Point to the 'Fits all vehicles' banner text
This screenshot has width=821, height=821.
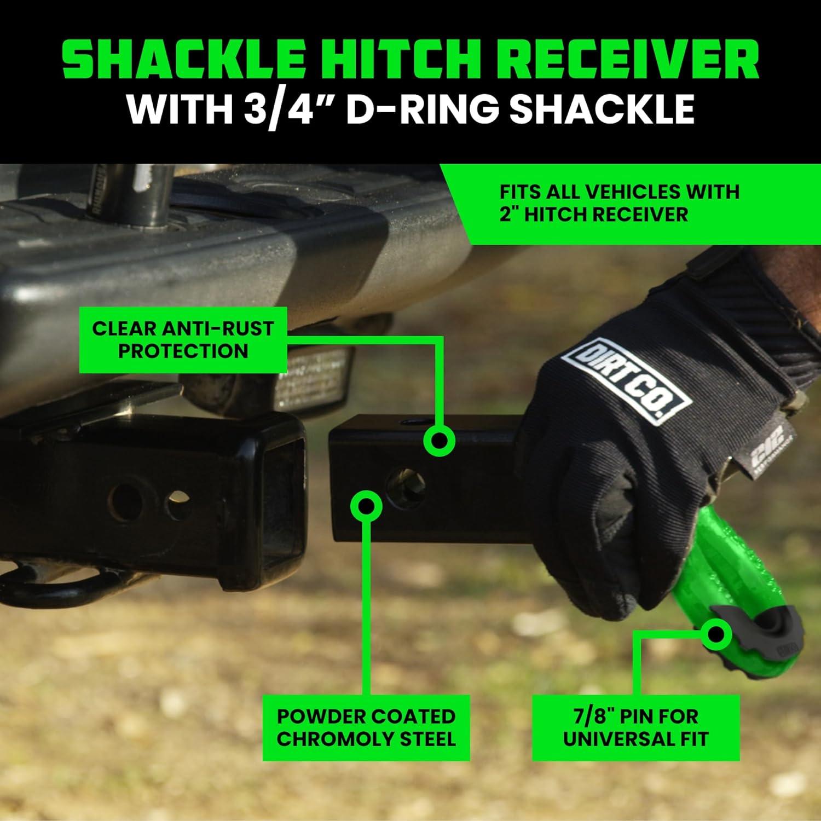point(619,203)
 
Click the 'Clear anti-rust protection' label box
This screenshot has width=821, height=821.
point(183,340)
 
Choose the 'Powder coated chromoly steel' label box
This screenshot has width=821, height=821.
point(366,727)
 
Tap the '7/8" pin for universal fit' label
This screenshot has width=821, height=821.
point(635,727)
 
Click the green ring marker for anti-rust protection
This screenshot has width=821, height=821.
point(440,441)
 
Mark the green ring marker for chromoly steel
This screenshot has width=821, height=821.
point(366,505)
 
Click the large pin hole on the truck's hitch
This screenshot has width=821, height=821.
point(124,500)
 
